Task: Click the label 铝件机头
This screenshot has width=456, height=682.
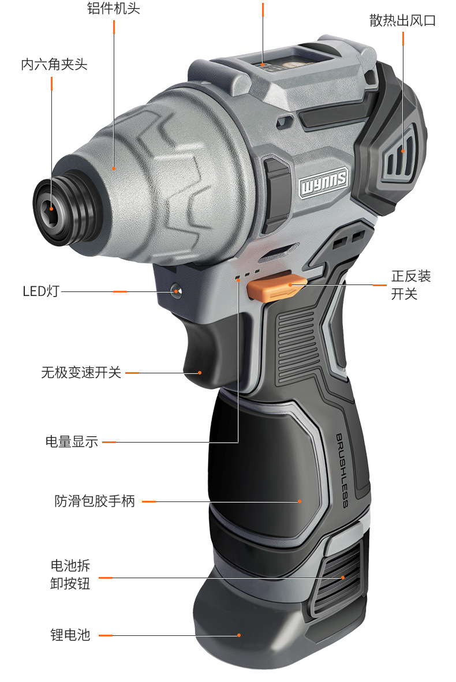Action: click(x=113, y=9)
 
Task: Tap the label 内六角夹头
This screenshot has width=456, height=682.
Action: click(x=54, y=64)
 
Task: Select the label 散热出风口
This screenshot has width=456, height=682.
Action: click(x=402, y=21)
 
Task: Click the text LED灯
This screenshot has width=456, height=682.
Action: click(x=41, y=291)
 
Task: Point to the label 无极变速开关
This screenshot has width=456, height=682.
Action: click(x=81, y=373)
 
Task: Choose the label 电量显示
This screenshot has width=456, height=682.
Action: click(x=72, y=442)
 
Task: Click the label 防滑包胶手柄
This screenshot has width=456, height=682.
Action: click(x=95, y=501)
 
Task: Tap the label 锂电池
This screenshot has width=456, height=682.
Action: click(x=70, y=635)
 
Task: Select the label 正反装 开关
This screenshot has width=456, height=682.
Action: click(x=411, y=285)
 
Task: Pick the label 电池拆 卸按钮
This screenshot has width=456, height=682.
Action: click(x=70, y=574)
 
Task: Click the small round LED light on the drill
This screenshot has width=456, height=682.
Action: click(x=177, y=291)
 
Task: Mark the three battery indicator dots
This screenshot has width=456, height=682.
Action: click(x=247, y=275)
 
